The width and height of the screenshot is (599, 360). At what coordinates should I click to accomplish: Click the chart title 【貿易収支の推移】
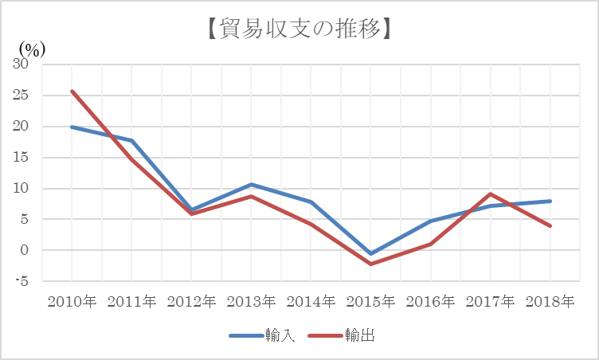point(299,30)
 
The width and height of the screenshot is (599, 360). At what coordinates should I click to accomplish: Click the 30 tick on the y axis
point(21,65)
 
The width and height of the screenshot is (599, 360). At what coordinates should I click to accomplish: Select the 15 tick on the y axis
point(21,158)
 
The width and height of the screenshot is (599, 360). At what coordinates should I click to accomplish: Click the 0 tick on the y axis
point(25,250)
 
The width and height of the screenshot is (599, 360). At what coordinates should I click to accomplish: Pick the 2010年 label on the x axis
point(72,303)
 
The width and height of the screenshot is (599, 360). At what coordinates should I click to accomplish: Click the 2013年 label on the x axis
point(251,303)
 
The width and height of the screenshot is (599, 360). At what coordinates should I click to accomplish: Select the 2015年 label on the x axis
point(371,303)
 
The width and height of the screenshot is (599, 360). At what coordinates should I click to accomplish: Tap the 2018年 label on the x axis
point(550,303)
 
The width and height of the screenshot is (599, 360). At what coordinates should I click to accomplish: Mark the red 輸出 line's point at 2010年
point(72,91)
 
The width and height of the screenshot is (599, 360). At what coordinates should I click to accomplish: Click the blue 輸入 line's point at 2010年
point(72,127)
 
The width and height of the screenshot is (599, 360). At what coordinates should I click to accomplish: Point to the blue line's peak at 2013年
point(251,185)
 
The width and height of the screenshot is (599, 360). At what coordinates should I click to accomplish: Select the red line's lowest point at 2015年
point(371,264)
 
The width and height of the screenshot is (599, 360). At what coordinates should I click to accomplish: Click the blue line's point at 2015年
point(371,254)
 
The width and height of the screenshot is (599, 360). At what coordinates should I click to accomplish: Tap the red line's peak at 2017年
point(491,194)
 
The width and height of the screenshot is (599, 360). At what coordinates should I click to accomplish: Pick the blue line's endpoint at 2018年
point(550,201)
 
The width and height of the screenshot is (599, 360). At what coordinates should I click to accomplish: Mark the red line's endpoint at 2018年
point(550,226)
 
